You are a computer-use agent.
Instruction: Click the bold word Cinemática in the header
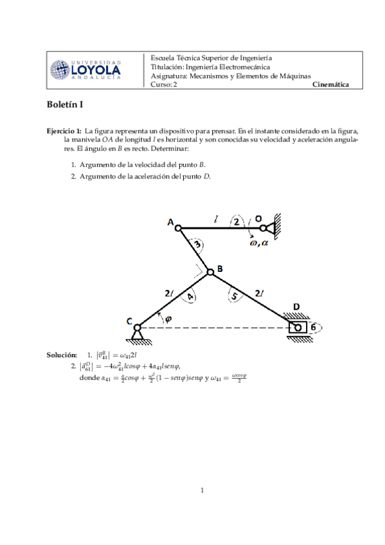pos(330,84)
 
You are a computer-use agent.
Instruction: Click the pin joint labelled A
pos(179,228)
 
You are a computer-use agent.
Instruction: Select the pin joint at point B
pos(210,272)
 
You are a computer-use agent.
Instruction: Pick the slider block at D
pos(298,327)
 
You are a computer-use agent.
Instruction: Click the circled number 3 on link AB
pos(199,245)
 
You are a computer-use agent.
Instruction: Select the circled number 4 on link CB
pos(190,296)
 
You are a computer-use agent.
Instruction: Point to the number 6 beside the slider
pos(313,327)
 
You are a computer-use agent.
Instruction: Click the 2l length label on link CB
pos(168,293)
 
